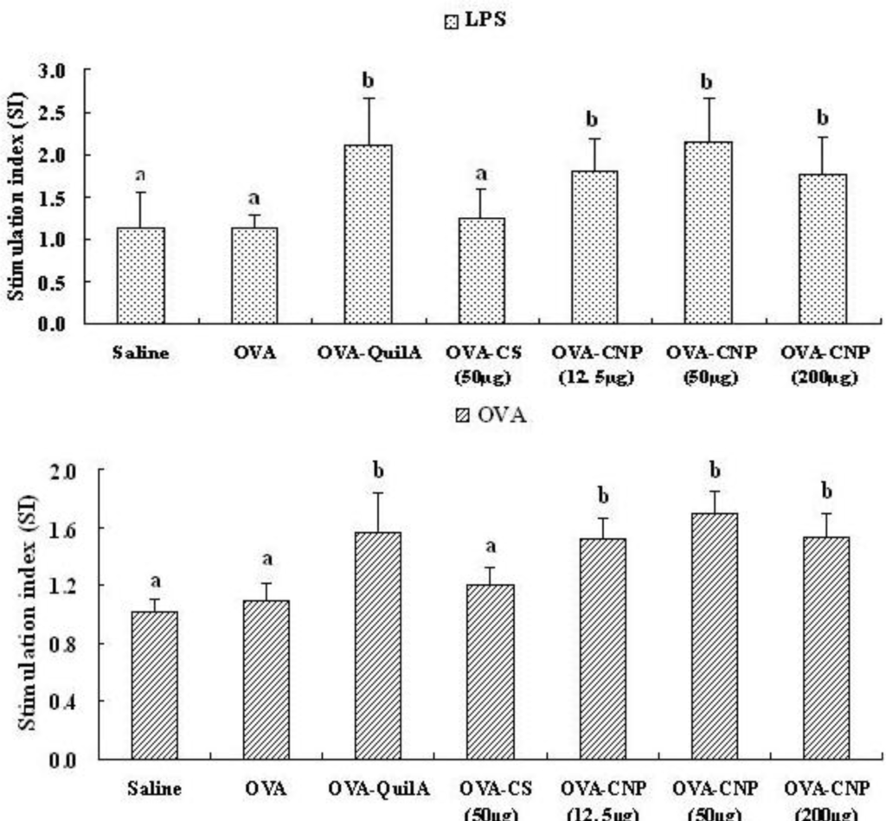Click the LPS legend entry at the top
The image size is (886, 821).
(475, 22)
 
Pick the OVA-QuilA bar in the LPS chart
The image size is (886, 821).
(368, 234)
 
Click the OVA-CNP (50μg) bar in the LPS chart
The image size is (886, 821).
(708, 232)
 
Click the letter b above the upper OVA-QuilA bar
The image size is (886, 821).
(368, 81)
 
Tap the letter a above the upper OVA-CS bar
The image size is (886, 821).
(482, 173)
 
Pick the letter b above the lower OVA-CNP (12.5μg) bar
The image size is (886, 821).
(603, 497)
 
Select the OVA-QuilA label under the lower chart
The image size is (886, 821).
(378, 789)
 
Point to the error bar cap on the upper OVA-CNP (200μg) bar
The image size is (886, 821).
(822, 137)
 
